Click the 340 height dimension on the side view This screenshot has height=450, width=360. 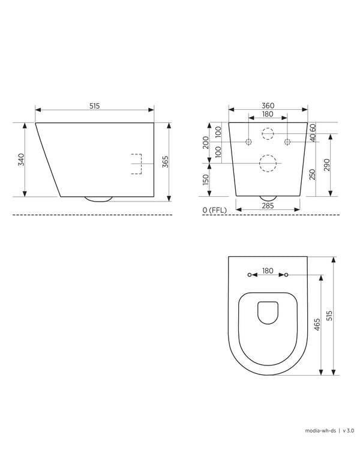coord(20,160)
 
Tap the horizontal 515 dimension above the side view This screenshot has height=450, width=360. coord(94,106)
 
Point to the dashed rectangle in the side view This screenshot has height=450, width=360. coord(136,164)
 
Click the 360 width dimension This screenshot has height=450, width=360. coord(268,106)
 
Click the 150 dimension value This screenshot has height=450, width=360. coord(206,179)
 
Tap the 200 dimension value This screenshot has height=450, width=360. coord(206,142)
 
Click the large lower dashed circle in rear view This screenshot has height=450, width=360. coord(268,163)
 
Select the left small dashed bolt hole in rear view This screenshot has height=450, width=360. coord(248,142)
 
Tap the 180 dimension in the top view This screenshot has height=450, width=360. coord(268,271)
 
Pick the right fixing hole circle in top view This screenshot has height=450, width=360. coord(286,275)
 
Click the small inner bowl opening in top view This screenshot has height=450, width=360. coord(268,313)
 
